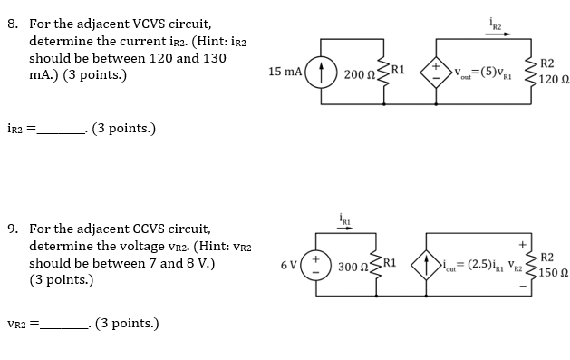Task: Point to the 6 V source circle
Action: tap(314, 265)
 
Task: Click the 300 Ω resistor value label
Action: tap(352, 267)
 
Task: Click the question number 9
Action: tap(14, 229)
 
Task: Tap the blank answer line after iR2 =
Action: tap(60, 129)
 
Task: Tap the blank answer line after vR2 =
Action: tap(63, 323)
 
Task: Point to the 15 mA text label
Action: tap(285, 71)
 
